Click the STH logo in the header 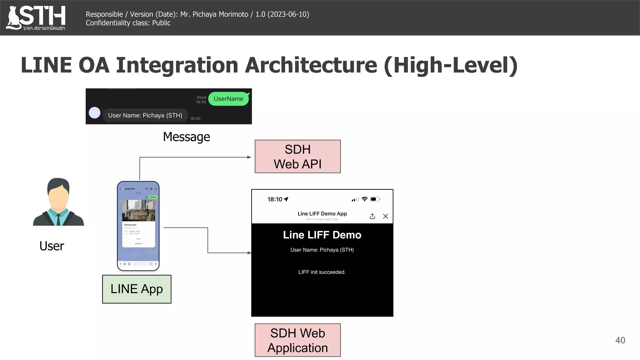click(36, 17)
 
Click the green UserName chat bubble click(228, 99)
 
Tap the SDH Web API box click(297, 157)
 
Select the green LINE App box click(137, 289)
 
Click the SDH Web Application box click(297, 340)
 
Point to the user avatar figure click(58, 202)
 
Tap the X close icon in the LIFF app click(385, 216)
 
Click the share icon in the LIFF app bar click(372, 216)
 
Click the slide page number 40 click(620, 340)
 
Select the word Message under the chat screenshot click(187, 137)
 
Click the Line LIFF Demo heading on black click(322, 235)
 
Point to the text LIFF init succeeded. click(322, 272)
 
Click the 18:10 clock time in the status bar click(275, 199)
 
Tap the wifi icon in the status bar click(364, 199)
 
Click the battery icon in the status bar click(375, 199)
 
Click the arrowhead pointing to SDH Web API click(249, 157)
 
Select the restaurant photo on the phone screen click(138, 210)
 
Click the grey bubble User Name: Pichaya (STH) click(145, 115)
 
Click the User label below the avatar click(52, 246)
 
